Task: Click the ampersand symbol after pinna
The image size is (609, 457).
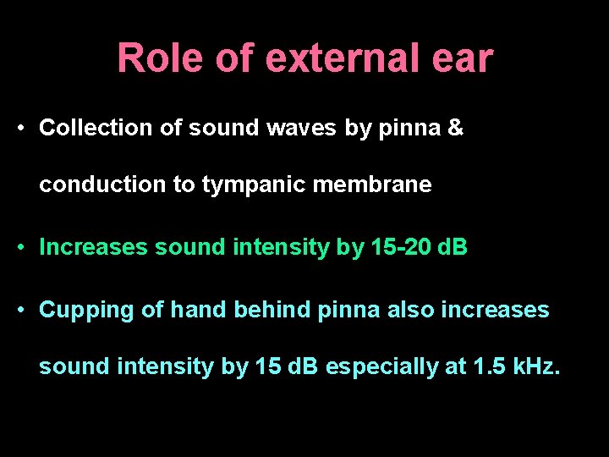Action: (455, 128)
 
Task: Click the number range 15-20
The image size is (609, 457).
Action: (401, 247)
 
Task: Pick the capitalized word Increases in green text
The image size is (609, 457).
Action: (93, 247)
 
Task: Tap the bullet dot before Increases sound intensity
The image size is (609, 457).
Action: (20, 248)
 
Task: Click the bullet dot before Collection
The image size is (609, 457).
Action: (20, 129)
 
